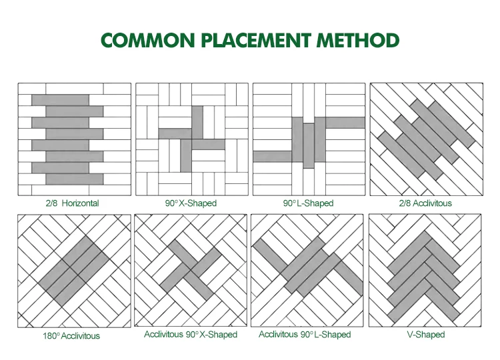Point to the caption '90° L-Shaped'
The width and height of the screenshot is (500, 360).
point(307,203)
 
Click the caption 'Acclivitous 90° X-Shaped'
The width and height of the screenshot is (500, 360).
point(190,334)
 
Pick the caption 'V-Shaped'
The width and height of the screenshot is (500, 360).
point(425,334)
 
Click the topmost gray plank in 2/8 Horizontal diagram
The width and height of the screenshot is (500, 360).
point(61,99)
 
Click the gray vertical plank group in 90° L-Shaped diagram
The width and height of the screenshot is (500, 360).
point(309,145)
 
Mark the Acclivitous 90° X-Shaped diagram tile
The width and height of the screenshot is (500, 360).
point(191,271)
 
